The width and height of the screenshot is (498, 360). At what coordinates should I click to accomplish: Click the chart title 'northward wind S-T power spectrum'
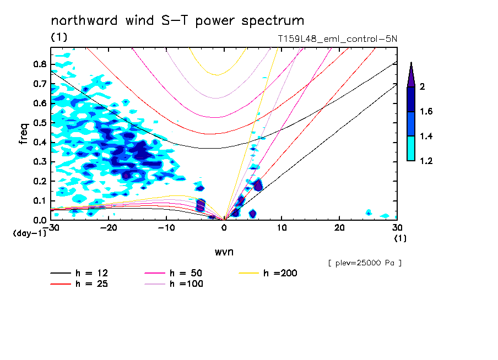[177, 21]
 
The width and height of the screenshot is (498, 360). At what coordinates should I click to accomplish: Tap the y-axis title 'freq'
[23, 133]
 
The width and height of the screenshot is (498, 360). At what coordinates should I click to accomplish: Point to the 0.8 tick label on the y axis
[39, 64]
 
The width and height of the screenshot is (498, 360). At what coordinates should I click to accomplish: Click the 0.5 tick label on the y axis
[39, 123]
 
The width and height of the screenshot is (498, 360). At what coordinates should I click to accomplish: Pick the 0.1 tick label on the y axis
[39, 201]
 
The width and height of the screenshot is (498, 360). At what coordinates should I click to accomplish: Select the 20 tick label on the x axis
[339, 227]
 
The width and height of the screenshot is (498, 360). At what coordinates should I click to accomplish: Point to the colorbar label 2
[422, 86]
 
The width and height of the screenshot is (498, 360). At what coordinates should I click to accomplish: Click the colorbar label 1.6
[425, 112]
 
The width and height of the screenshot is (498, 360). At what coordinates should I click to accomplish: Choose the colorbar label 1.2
[425, 161]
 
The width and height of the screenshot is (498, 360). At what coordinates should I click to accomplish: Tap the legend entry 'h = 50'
[186, 273]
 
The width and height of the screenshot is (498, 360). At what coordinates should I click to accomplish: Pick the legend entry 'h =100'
[186, 284]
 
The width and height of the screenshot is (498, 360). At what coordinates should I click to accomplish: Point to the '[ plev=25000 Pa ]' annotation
[365, 263]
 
